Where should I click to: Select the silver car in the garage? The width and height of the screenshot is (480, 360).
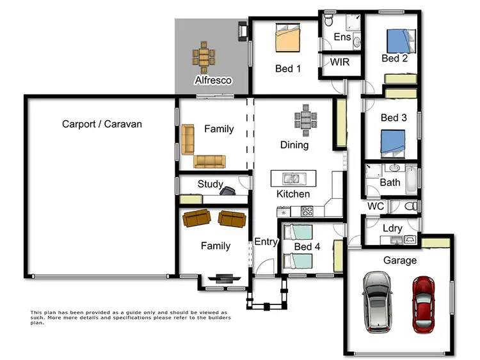(x=376, y=302)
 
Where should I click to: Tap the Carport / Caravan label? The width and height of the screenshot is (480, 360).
(x=102, y=124)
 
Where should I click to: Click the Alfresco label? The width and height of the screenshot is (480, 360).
(x=213, y=81)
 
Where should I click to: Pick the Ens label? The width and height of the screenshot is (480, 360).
(x=342, y=37)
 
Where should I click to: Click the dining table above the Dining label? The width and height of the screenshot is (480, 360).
(x=305, y=121)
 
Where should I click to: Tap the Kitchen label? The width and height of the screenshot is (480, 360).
(x=293, y=194)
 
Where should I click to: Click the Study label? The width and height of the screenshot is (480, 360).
(x=210, y=184)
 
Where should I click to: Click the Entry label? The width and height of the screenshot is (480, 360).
(x=266, y=242)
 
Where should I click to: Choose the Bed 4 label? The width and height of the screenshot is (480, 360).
(x=307, y=247)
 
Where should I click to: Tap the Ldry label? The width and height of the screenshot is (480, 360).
(x=392, y=228)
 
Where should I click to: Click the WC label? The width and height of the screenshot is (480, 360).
(x=375, y=207)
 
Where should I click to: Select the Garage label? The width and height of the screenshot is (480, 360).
(x=399, y=260)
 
